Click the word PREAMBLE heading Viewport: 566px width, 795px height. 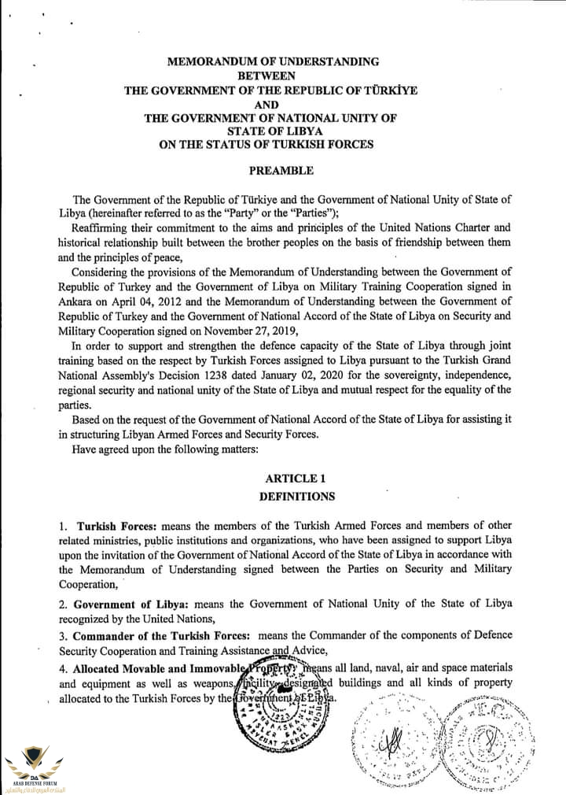[281, 170]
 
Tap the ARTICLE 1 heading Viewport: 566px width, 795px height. [295, 479]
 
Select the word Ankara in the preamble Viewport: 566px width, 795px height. [78, 301]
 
